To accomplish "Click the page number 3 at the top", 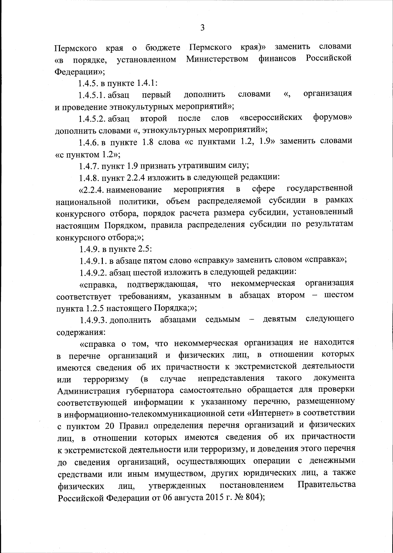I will click(202, 28).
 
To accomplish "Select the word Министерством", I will click(217, 60).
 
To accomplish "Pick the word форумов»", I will click(332, 117).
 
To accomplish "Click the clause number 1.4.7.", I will click(89, 166).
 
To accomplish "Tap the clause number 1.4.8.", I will click(89, 178).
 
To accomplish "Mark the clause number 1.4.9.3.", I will click(93, 320).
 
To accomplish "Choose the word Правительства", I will click(327, 485).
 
